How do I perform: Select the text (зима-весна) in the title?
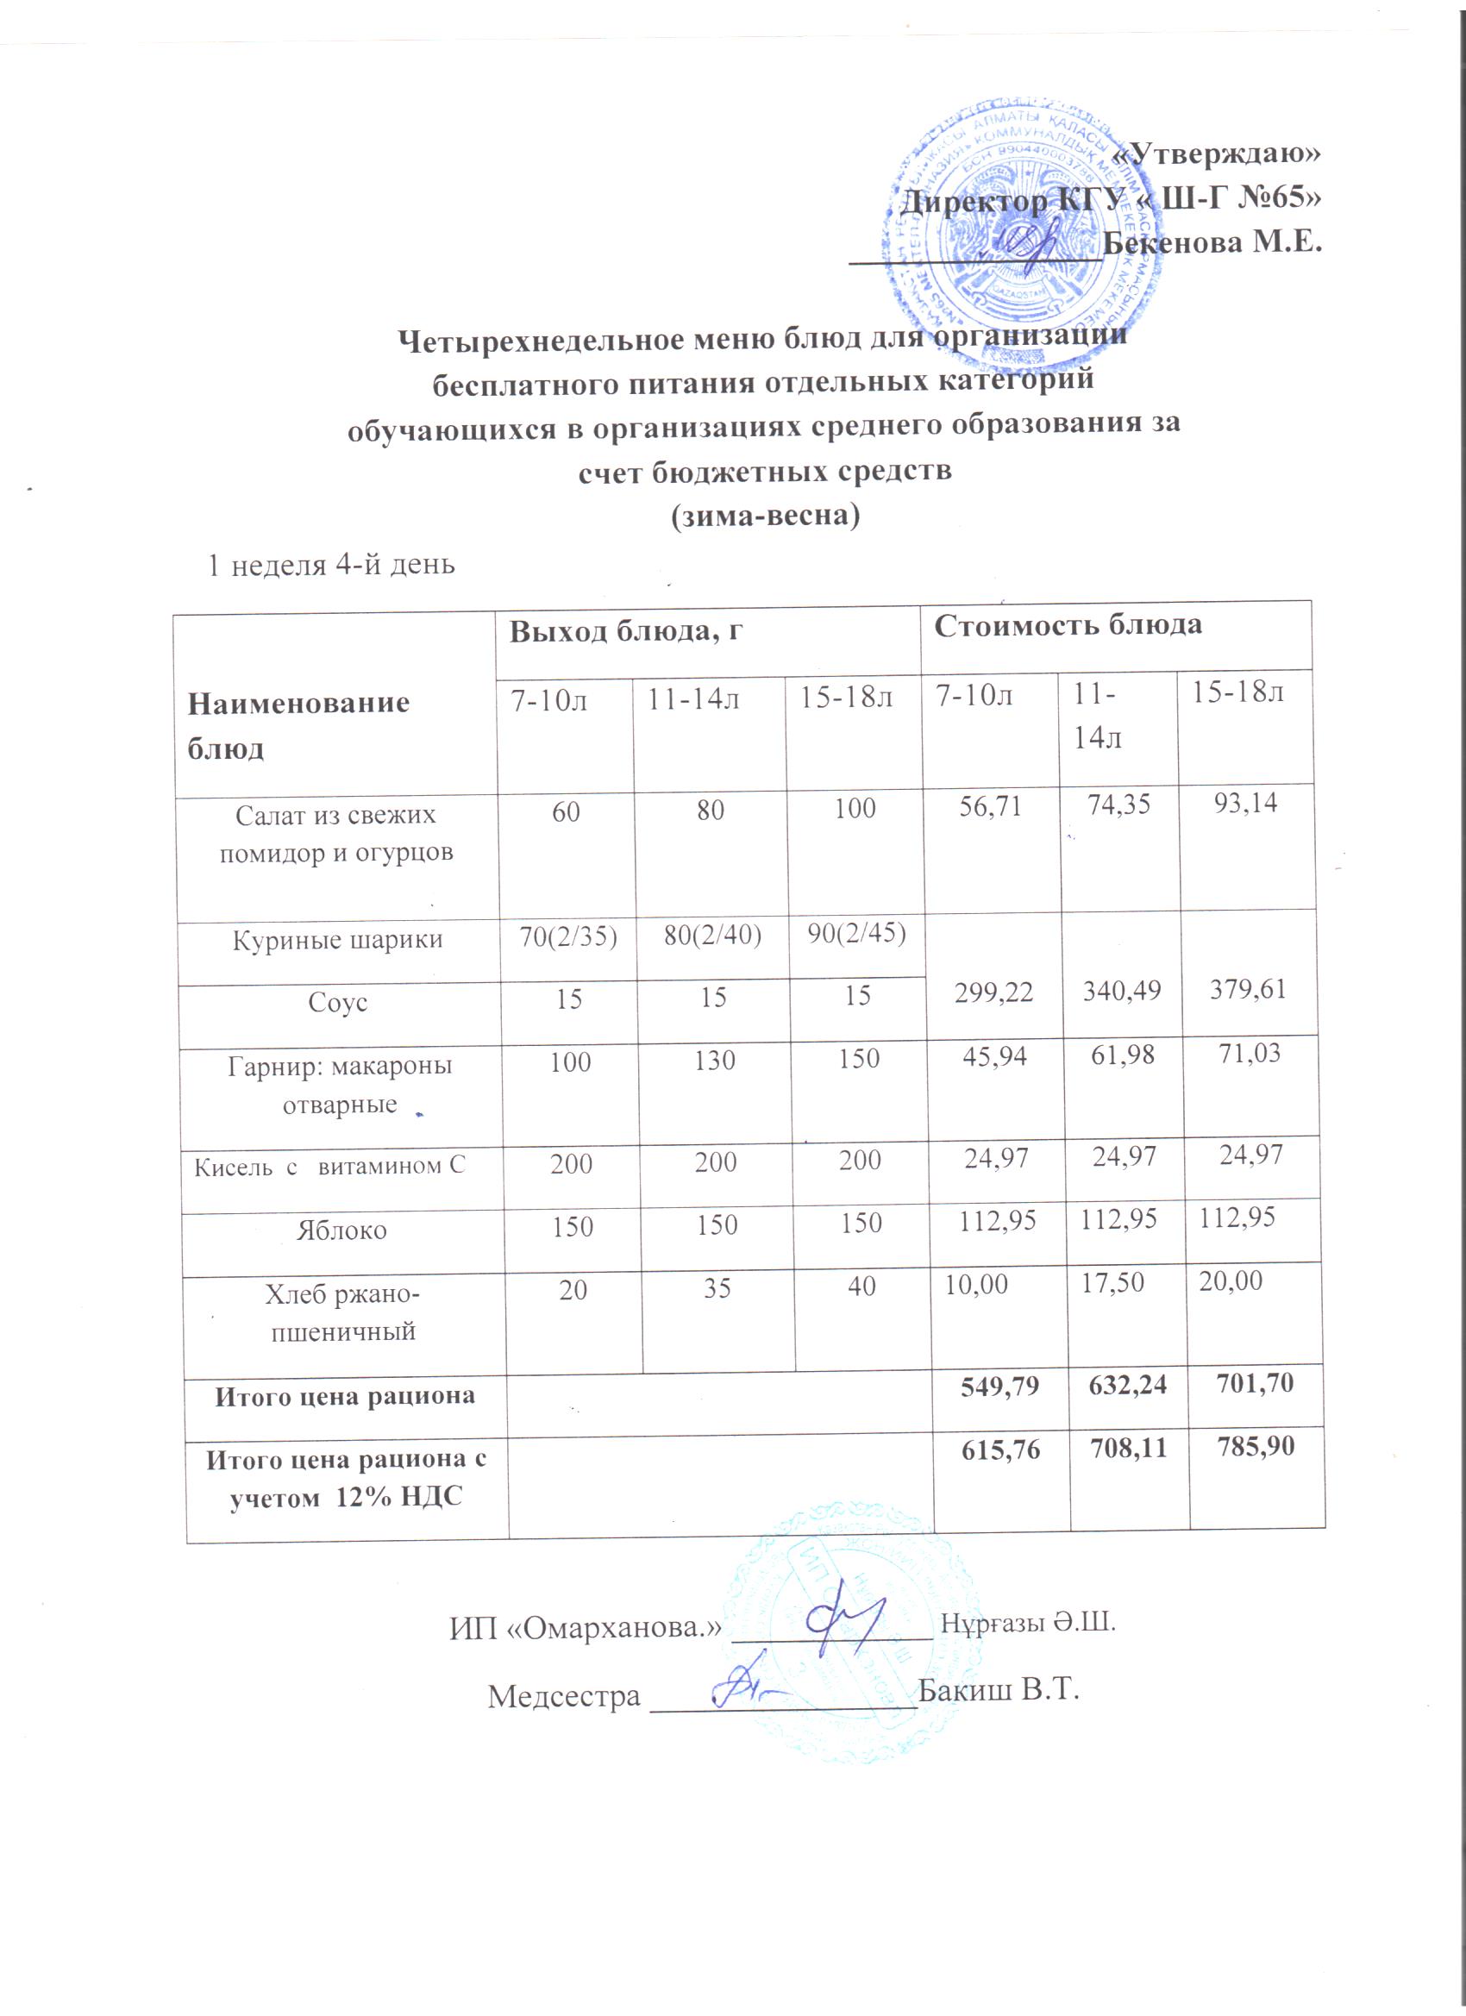pyautogui.click(x=765, y=517)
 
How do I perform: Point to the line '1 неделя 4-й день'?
pyautogui.click(x=331, y=565)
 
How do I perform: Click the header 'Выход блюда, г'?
pyautogui.click(x=626, y=631)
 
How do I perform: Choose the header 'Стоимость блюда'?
pyautogui.click(x=1067, y=625)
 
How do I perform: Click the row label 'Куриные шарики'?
pyautogui.click(x=337, y=941)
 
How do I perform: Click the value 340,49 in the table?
pyautogui.click(x=1122, y=990)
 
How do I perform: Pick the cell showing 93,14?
pyautogui.click(x=1245, y=804)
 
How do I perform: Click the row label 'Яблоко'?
pyautogui.click(x=341, y=1230)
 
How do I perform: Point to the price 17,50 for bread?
pyautogui.click(x=1112, y=1282)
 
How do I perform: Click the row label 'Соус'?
pyautogui.click(x=337, y=1003)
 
